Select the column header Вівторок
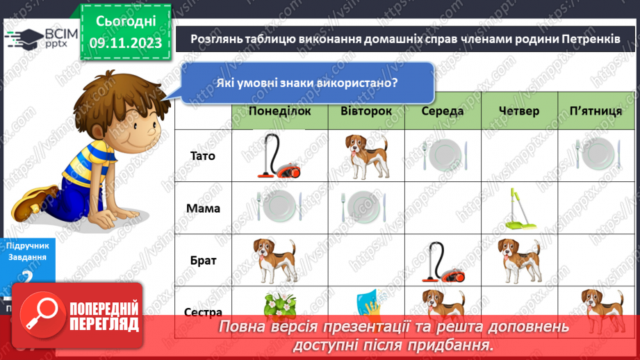click(366, 111)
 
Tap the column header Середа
click(443, 111)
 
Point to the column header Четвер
click(519, 111)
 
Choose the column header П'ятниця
click(596, 111)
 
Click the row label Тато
click(202, 156)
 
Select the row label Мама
click(202, 207)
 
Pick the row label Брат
click(202, 261)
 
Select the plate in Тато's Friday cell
click(596, 154)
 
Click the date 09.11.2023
click(125, 43)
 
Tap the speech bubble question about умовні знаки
click(306, 83)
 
